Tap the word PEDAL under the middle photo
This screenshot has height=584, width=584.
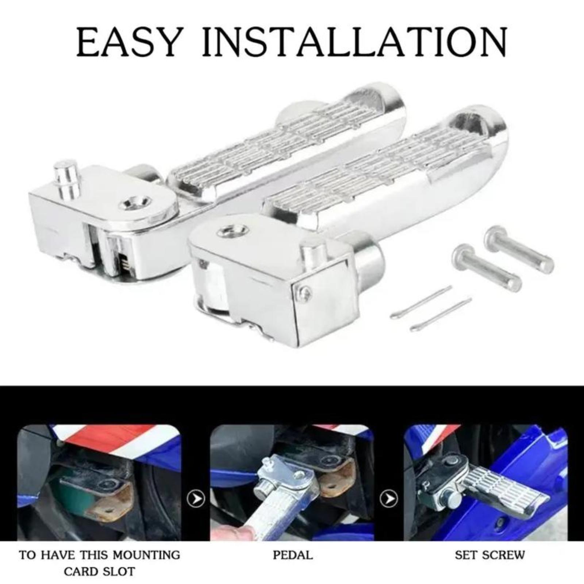pyautogui.click(x=293, y=555)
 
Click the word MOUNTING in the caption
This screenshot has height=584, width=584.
pyautogui.click(x=146, y=555)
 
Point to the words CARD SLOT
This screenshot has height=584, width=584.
pyautogui.click(x=99, y=571)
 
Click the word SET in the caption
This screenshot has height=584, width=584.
pyautogui.click(x=466, y=555)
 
